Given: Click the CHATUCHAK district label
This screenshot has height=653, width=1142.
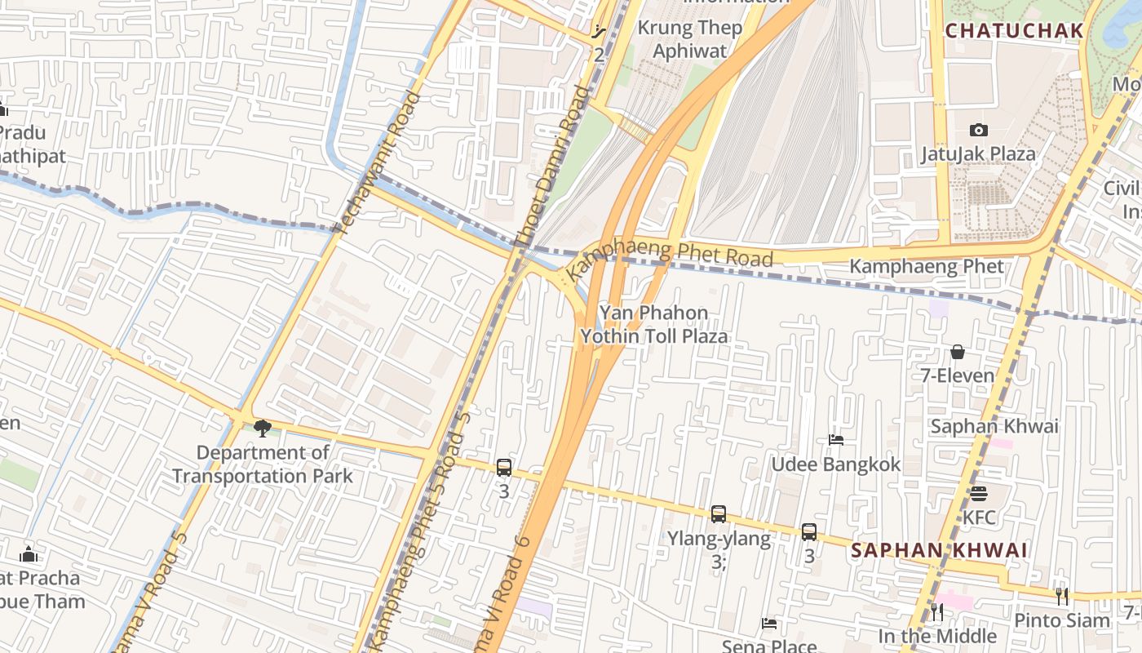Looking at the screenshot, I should [1015, 31].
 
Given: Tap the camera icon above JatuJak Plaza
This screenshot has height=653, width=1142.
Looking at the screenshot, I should [979, 130].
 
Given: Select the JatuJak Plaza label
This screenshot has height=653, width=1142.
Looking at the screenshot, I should [979, 153].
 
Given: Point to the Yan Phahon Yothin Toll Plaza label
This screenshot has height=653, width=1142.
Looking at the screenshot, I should [653, 324].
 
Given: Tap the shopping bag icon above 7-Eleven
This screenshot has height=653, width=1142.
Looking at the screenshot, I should [958, 352].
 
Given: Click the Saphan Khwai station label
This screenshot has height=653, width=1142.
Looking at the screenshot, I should [994, 426].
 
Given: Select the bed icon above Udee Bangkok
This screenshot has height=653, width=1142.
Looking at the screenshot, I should [836, 440].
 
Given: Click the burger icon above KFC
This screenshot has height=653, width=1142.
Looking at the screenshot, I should [979, 494].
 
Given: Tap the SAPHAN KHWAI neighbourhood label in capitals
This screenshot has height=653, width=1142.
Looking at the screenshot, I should [939, 550].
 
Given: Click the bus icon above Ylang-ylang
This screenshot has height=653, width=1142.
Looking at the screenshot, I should [719, 514].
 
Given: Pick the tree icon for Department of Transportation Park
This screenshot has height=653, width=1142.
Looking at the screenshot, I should [262, 428].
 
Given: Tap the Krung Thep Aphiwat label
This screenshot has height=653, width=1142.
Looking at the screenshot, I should [689, 39].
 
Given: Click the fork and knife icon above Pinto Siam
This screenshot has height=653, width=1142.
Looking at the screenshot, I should [1061, 597].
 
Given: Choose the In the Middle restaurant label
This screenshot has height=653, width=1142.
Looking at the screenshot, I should [937, 636].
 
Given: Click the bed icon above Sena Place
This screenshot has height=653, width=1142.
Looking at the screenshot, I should [768, 624].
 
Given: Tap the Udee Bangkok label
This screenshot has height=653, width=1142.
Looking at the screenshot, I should [836, 464].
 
